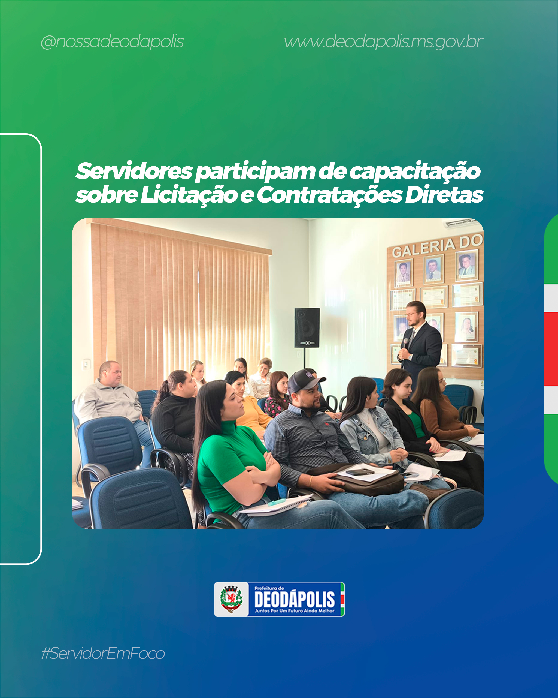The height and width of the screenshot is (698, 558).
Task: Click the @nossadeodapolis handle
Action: [x=112, y=42]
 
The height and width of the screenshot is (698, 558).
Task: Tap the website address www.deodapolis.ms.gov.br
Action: [x=384, y=42]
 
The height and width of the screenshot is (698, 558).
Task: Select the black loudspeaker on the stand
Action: [x=307, y=328]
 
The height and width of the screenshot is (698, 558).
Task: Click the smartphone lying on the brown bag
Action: [x=360, y=472]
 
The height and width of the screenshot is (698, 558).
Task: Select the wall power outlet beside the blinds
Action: [x=86, y=365]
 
